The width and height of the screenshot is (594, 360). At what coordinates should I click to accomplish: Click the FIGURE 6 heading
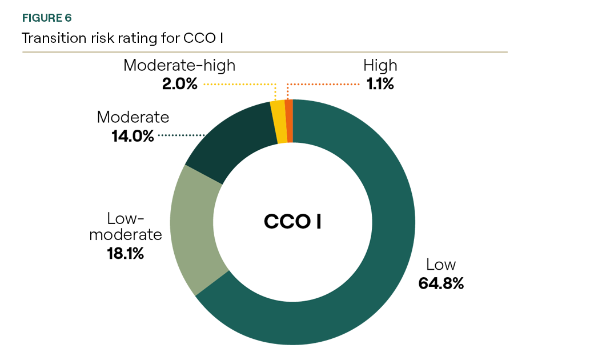(x=47, y=18)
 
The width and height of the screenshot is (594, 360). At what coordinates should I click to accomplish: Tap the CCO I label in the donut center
(x=292, y=221)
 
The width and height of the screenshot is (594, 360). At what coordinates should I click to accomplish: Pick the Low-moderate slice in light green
(x=194, y=229)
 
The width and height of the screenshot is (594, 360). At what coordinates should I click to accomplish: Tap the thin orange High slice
(x=289, y=121)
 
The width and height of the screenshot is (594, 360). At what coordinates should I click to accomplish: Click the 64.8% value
(x=440, y=283)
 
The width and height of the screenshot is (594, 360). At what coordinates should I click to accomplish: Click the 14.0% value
(x=133, y=136)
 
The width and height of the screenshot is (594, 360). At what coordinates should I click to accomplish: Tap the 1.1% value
(x=380, y=84)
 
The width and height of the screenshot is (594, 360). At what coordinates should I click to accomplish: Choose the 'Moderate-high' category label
(x=179, y=65)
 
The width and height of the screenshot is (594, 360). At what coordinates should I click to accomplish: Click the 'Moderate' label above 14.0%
(x=133, y=117)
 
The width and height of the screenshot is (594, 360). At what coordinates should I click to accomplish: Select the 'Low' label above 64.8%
(x=440, y=265)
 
